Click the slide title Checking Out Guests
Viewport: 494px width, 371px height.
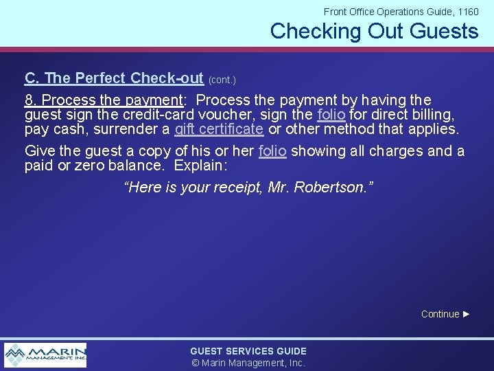(x=374, y=32)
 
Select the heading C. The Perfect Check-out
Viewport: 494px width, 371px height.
(x=114, y=78)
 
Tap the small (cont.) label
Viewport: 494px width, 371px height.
(x=222, y=80)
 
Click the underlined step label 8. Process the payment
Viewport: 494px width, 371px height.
(x=102, y=100)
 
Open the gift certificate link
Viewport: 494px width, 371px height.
(x=219, y=128)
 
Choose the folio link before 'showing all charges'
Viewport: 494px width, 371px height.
(x=272, y=151)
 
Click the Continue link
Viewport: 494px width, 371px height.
(x=440, y=314)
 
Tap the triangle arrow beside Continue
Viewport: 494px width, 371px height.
(x=467, y=314)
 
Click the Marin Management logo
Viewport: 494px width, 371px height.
(x=45, y=355)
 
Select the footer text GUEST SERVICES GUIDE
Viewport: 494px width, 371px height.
(x=248, y=351)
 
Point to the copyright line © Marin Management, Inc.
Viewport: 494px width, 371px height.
(x=248, y=363)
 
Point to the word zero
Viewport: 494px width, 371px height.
(x=87, y=166)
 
